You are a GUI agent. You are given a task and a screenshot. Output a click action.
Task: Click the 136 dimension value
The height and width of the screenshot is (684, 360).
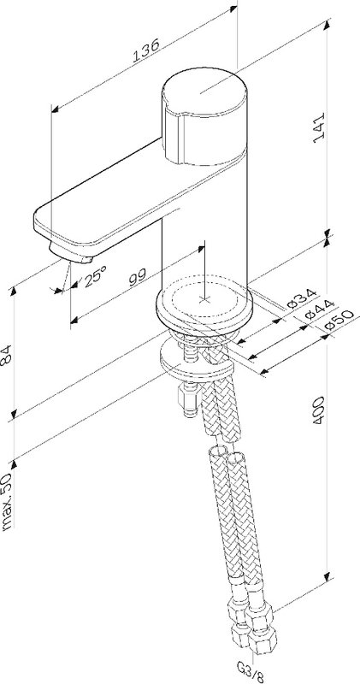pos(146,50)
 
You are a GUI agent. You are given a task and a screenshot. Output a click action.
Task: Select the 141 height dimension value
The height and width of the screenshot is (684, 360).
pos(320,127)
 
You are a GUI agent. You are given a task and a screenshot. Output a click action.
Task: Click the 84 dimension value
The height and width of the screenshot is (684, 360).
pos(6,354)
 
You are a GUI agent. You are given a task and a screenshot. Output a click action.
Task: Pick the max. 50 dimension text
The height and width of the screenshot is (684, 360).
pos(7,501)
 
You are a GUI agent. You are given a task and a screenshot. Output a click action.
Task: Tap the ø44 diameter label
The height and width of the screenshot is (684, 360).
pos(319,309)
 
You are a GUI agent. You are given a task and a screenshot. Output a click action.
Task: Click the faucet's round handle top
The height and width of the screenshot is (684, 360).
pos(204,92)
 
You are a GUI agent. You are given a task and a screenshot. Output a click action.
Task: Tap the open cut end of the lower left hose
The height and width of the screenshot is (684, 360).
pos(218,451)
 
